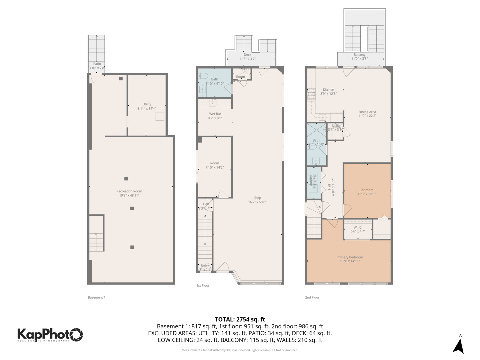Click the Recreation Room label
pyautogui.click(x=129, y=191)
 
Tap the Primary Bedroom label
pyautogui.click(x=350, y=257)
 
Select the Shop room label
pyautogui.click(x=257, y=198)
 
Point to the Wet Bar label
pyautogui.click(x=215, y=114)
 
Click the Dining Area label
pyautogui.click(x=367, y=112)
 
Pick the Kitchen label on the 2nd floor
pyautogui.click(x=328, y=90)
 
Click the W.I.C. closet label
pyautogui.click(x=358, y=227)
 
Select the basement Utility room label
pyautogui.click(x=147, y=104)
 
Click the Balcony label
pyautogui.click(x=359, y=55)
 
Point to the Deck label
pyautogui.click(x=247, y=55)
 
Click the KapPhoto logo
pyautogui.click(x=50, y=334)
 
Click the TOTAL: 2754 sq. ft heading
pyautogui.click(x=240, y=319)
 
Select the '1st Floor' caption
pyautogui.click(x=203, y=286)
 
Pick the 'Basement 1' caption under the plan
pyautogui.click(x=96, y=297)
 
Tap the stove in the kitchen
pyautogui.click(x=311, y=94)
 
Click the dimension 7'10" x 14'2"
pyautogui.click(x=215, y=168)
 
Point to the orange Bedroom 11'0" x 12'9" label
pyautogui.click(x=366, y=190)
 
